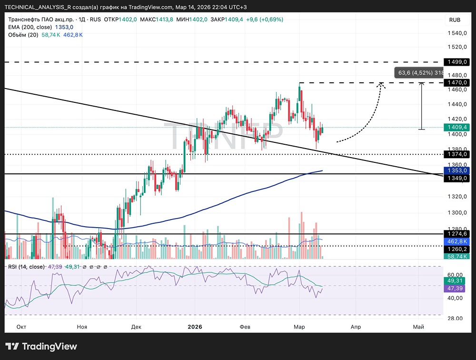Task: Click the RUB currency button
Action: coord(455,20)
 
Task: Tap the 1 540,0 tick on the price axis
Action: coord(456,33)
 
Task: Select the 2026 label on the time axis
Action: coord(195,327)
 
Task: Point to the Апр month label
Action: coord(356,327)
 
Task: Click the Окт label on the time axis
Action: coord(21,327)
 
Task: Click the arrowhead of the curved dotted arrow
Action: coord(381,84)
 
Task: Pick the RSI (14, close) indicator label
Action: coord(27,267)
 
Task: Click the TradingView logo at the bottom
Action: coord(41,346)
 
